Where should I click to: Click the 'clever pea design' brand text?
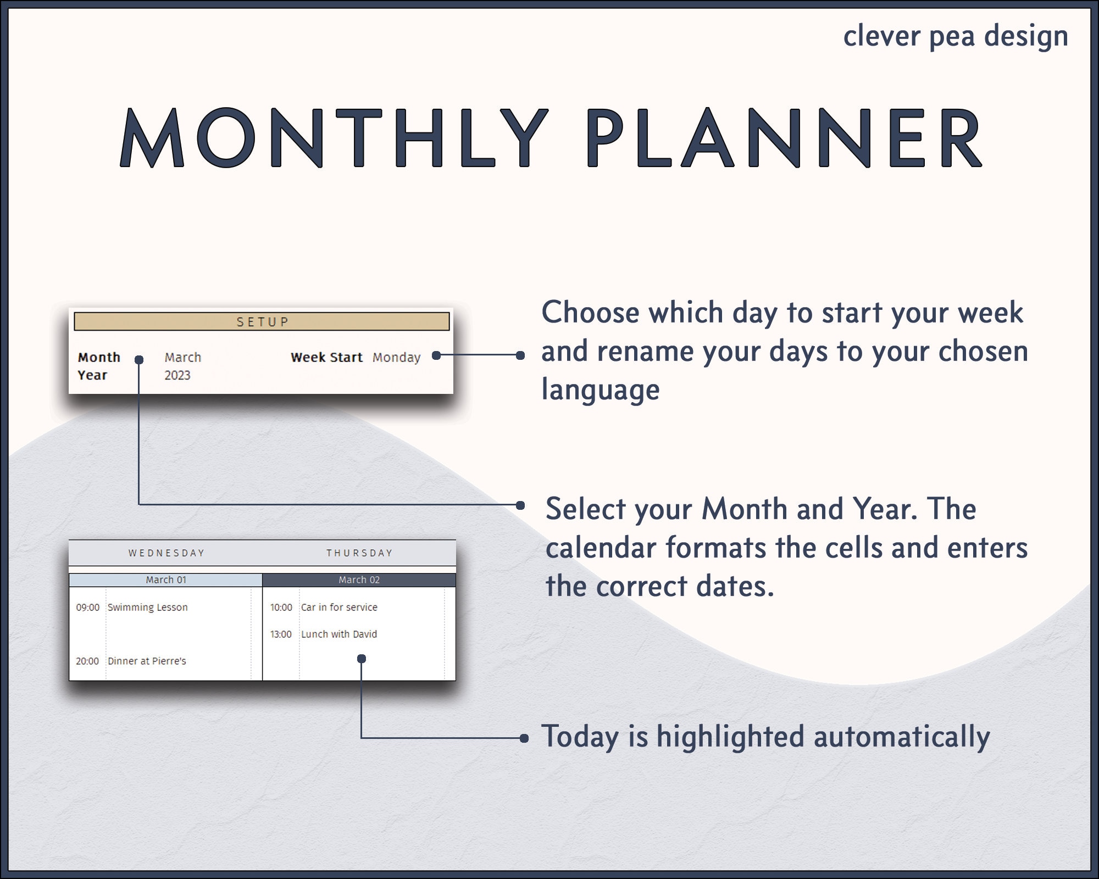point(956,36)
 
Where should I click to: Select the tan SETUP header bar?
point(262,321)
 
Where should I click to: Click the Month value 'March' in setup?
point(183,357)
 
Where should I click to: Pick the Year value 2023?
point(177,375)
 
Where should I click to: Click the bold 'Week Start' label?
point(326,357)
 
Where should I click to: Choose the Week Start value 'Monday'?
point(396,357)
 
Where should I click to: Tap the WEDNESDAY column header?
point(166,553)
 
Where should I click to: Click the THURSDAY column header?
point(359,553)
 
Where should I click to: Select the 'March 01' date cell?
point(166,580)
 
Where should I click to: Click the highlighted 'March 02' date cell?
point(359,580)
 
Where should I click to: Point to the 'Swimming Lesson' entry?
point(147,607)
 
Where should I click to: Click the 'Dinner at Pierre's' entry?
point(147,661)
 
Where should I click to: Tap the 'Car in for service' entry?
point(339,607)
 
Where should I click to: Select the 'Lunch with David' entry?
point(338,634)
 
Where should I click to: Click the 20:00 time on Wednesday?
point(87,661)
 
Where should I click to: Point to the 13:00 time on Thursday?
point(281,634)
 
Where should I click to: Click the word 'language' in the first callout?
point(601,390)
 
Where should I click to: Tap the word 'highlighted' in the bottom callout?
point(730,737)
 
